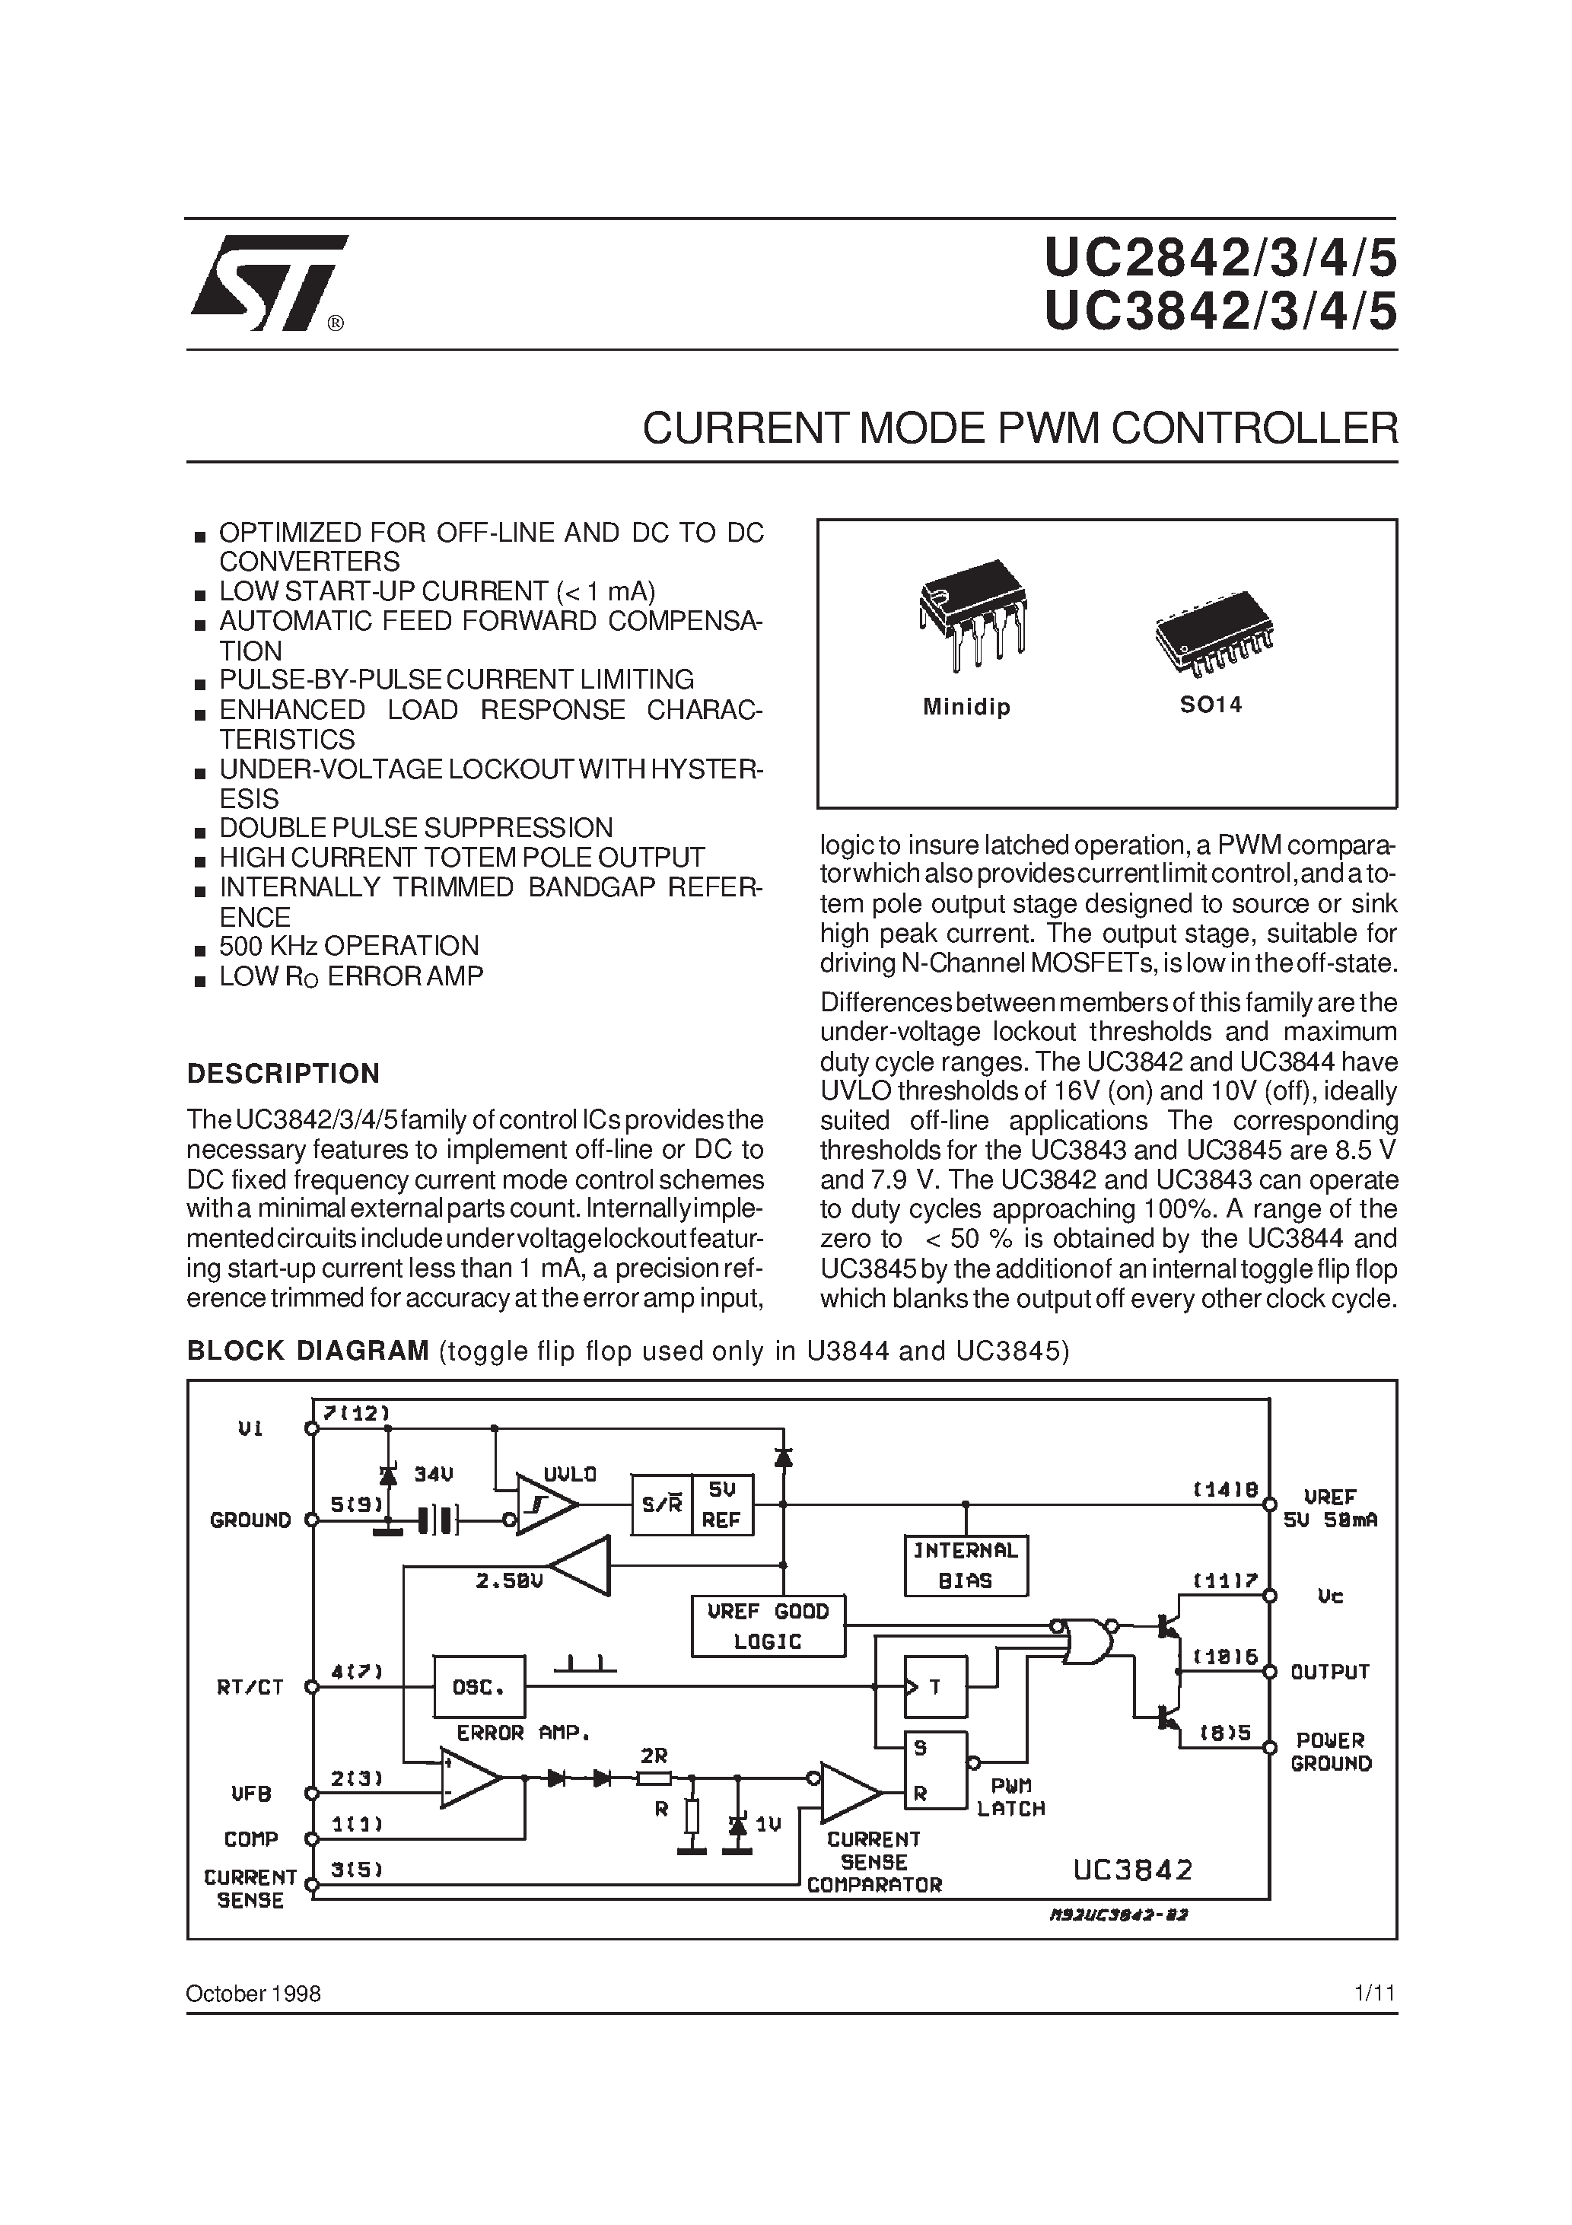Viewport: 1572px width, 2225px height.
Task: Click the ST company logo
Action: [269, 283]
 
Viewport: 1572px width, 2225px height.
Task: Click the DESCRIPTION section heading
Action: [283, 1074]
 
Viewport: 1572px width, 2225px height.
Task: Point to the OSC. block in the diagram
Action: [479, 1687]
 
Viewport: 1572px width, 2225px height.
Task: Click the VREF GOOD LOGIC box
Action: [768, 1626]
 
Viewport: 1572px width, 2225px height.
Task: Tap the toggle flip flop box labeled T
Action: [935, 1687]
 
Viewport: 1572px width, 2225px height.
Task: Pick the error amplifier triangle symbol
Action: [466, 1778]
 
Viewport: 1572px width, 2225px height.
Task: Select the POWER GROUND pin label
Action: [1331, 1752]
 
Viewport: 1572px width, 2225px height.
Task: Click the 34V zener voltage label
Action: [433, 1475]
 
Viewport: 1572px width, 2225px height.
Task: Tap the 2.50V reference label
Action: [509, 1580]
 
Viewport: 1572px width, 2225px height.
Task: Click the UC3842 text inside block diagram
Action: [1133, 1870]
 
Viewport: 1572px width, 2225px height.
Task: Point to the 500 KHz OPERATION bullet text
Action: [349, 946]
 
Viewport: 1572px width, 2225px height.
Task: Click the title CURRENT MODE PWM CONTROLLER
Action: [1020, 428]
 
